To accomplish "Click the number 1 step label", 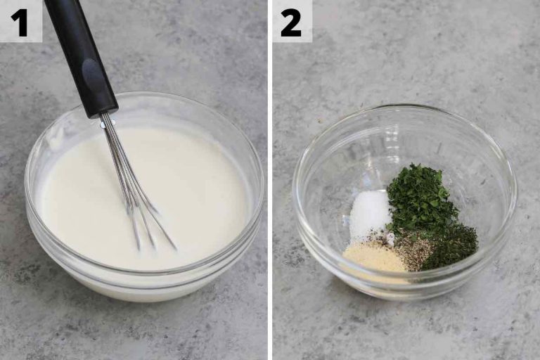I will pyautogui.click(x=19, y=22).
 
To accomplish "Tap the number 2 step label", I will pyautogui.click(x=290, y=22).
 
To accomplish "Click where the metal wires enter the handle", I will pyautogui.click(x=108, y=120).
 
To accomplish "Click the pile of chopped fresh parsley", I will pyautogui.click(x=418, y=200).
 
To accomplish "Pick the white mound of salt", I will pyautogui.click(x=370, y=214).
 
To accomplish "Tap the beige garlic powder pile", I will pyautogui.click(x=373, y=257).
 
